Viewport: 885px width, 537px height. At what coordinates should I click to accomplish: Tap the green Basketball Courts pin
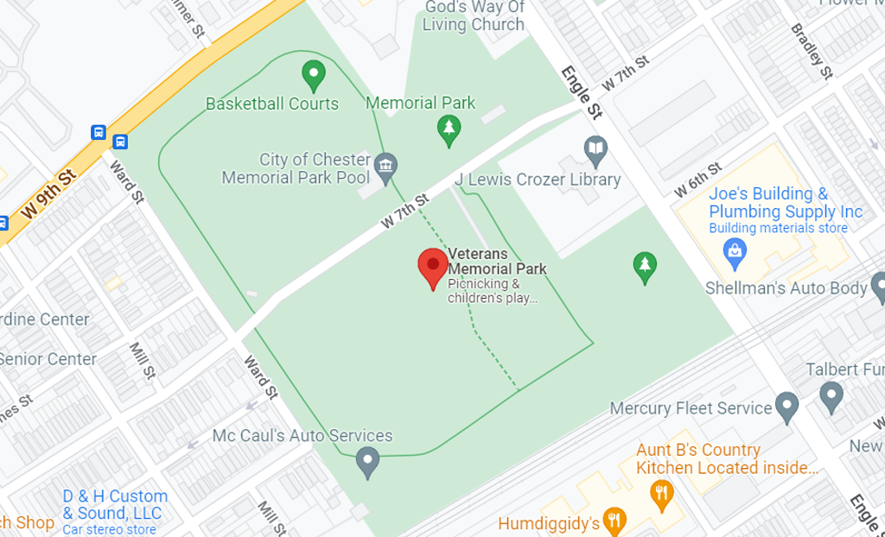click(x=313, y=75)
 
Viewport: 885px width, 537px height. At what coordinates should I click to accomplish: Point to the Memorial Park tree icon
click(x=448, y=130)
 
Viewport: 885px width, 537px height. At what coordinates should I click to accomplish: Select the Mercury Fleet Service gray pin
click(x=786, y=406)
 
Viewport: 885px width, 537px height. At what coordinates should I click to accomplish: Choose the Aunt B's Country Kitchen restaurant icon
click(x=660, y=492)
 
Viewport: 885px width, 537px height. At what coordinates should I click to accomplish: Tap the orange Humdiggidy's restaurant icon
click(x=614, y=520)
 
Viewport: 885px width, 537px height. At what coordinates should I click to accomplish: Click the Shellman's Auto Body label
click(x=786, y=288)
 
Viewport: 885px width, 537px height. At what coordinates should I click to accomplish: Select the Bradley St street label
click(x=812, y=50)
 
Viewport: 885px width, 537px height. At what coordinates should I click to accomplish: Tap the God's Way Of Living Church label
click(x=474, y=16)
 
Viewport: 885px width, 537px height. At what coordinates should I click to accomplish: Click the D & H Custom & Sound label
click(x=114, y=505)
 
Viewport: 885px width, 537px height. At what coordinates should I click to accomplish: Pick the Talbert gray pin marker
click(x=831, y=396)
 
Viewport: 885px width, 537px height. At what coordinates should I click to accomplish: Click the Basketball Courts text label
click(x=272, y=104)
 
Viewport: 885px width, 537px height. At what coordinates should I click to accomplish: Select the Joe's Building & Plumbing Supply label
click(x=786, y=203)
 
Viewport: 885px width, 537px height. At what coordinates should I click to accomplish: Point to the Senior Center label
click(x=48, y=359)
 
